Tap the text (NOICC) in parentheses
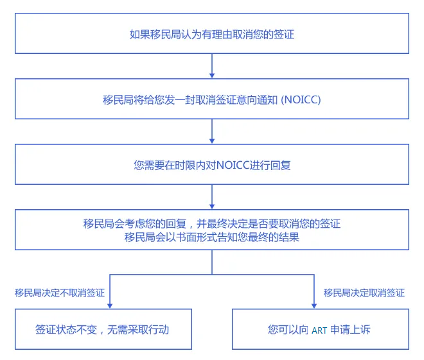point(301,100)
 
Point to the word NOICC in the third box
point(233,166)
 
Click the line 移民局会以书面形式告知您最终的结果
point(212,237)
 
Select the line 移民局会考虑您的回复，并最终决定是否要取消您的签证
point(212,223)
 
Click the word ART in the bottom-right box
point(319,330)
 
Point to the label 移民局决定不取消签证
point(60,293)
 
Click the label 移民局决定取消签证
point(364,293)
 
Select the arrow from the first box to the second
point(212,66)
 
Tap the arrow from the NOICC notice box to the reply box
point(212,132)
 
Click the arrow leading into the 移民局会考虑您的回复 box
point(212,197)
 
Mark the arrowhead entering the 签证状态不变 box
point(110,306)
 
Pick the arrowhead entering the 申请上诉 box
point(314,306)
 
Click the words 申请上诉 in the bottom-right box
point(351,330)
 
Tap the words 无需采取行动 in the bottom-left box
point(138,330)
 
